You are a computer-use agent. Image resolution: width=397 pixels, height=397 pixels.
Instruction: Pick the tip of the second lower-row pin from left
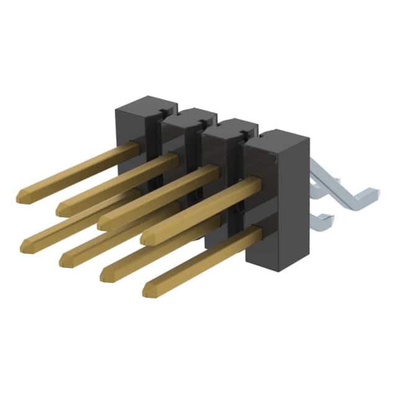[64, 261]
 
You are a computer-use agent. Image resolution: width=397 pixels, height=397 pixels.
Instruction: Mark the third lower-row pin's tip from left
[104, 275]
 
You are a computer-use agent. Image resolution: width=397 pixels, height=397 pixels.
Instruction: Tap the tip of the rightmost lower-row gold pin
[148, 290]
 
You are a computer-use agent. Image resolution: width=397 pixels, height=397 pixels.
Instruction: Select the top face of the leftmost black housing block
[146, 103]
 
